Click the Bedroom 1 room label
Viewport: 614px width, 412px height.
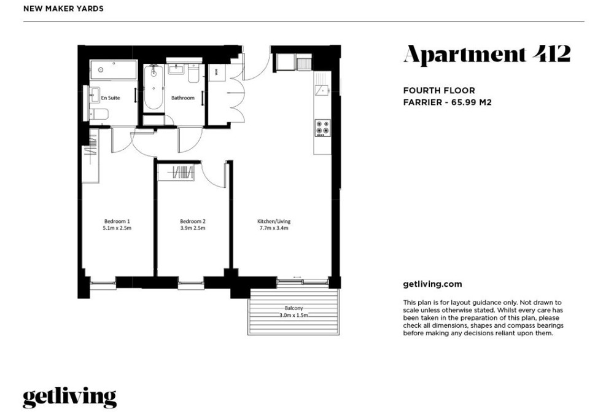[x=117, y=221]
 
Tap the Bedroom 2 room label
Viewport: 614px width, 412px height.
[x=193, y=221]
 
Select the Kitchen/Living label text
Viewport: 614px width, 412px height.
[x=274, y=221]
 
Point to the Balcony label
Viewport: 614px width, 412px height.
[x=293, y=308]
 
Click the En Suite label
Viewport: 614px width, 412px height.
[x=111, y=98]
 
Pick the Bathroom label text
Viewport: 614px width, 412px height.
[x=183, y=98]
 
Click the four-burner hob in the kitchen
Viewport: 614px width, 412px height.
[x=323, y=128]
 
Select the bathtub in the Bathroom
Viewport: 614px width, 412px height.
[x=153, y=88]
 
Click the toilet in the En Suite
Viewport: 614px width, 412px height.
[x=99, y=115]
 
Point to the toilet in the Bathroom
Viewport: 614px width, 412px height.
[x=194, y=73]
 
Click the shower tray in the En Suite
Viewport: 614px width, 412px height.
[x=113, y=70]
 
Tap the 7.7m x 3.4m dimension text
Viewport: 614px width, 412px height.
[x=274, y=228]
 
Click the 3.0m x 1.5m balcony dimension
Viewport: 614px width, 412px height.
[x=293, y=315]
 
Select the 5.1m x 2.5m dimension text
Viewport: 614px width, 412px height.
[x=117, y=228]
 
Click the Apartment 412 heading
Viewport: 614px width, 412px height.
[x=487, y=55]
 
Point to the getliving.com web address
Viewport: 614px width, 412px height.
[x=432, y=284]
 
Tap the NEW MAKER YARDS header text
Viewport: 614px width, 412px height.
[x=63, y=9]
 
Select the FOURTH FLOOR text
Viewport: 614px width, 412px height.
[x=439, y=90]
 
